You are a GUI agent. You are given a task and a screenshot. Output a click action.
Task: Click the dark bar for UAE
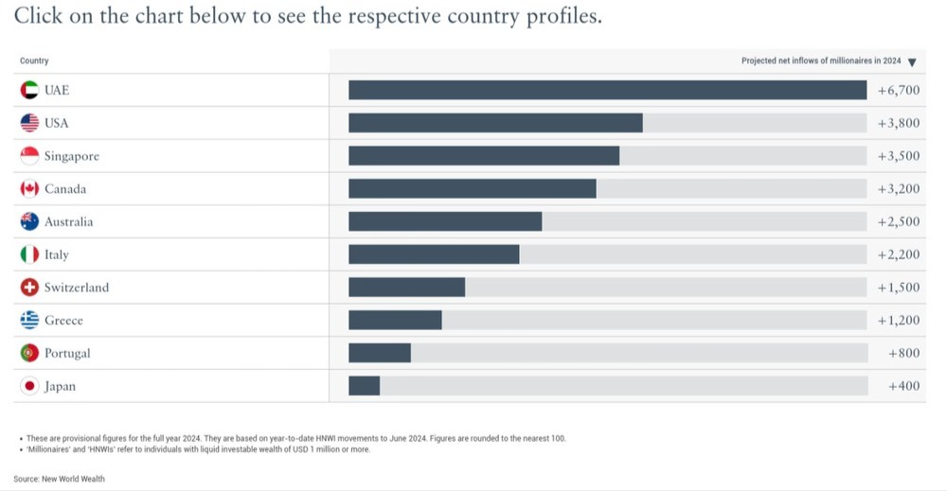pyautogui.click(x=607, y=90)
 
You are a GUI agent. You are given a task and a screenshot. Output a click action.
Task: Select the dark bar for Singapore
pyautogui.click(x=484, y=156)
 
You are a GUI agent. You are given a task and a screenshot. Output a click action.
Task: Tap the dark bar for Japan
pyautogui.click(x=364, y=386)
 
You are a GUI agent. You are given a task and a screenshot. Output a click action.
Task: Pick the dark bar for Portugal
pyautogui.click(x=380, y=353)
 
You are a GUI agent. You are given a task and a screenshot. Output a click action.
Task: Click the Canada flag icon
pyautogui.click(x=29, y=189)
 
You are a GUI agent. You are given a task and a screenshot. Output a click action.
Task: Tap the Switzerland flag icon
pyautogui.click(x=29, y=288)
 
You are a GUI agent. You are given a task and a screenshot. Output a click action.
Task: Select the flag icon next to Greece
pyautogui.click(x=29, y=321)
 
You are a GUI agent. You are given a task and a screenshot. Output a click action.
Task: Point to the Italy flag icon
pyautogui.click(x=29, y=254)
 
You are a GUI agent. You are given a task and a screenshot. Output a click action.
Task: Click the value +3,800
pyautogui.click(x=899, y=123)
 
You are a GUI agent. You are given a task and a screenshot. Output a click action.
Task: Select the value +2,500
pyautogui.click(x=899, y=221)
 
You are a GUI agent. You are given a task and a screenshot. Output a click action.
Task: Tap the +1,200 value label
pyautogui.click(x=899, y=321)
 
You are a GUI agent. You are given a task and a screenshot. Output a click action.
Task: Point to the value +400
pyautogui.click(x=903, y=386)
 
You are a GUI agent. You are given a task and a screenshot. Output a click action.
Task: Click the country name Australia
pyautogui.click(x=69, y=222)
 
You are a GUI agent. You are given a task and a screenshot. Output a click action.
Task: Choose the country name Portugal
pyautogui.click(x=67, y=354)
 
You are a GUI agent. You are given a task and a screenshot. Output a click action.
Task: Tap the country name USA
pyautogui.click(x=57, y=123)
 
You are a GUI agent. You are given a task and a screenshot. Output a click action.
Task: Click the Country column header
pyautogui.click(x=34, y=61)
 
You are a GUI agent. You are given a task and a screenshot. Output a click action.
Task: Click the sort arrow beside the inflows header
pyautogui.click(x=912, y=62)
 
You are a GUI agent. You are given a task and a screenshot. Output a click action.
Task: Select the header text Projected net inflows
pyautogui.click(x=821, y=61)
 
